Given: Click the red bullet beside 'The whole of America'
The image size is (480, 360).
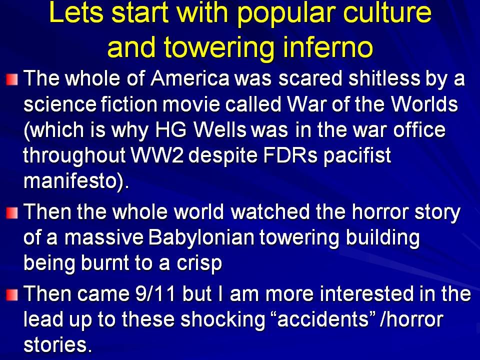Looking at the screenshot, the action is pos(12,79).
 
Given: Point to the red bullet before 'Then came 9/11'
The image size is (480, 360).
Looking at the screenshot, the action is pos(12,295).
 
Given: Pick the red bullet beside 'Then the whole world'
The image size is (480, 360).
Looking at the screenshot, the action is pos(12,213).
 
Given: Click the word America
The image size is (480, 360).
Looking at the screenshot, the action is pos(190,78).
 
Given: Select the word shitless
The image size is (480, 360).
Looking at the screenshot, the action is pos(384,78).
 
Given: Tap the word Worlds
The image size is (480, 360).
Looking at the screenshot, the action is pos(425,104).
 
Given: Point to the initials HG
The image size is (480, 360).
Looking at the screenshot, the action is pos(170,130).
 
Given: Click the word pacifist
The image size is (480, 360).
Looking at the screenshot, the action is pos(357,156).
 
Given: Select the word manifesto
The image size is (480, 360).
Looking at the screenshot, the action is pos(70,181).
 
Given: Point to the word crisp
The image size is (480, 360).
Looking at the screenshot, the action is pos(199,264).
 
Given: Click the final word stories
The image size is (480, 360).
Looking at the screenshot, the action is pos(57,345).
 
